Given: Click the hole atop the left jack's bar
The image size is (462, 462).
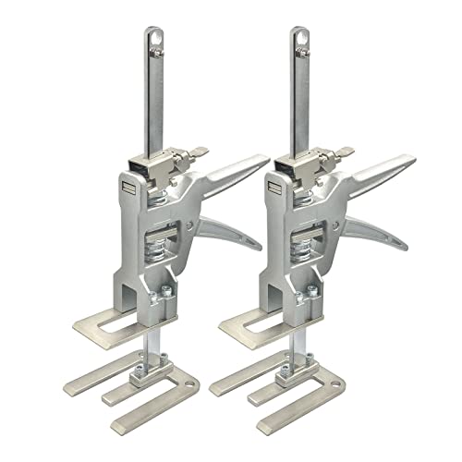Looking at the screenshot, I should (x=153, y=39).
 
